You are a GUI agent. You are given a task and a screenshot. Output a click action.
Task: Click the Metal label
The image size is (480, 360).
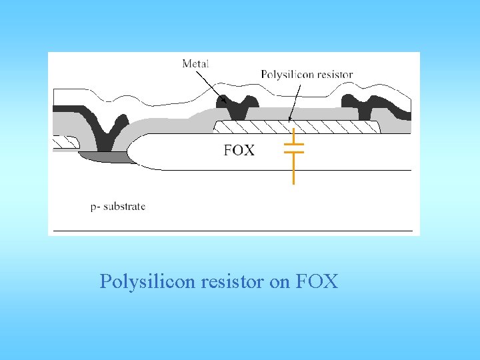coord(195,64)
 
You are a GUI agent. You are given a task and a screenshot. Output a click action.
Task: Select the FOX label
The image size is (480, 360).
coord(239,150)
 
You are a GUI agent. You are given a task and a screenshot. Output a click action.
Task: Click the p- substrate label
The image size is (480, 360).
coord(118,206)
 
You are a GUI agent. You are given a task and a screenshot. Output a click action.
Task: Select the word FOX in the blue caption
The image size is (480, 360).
coord(317,282)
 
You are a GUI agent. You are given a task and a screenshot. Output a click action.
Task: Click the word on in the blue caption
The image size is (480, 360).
coord(280,282)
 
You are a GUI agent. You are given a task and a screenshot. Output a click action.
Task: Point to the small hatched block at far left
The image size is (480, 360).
coord(64,141)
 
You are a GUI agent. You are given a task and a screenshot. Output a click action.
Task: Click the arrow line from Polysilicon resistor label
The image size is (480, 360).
coord(293,100)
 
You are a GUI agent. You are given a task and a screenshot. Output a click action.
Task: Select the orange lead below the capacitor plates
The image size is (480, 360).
coord(293,170)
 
